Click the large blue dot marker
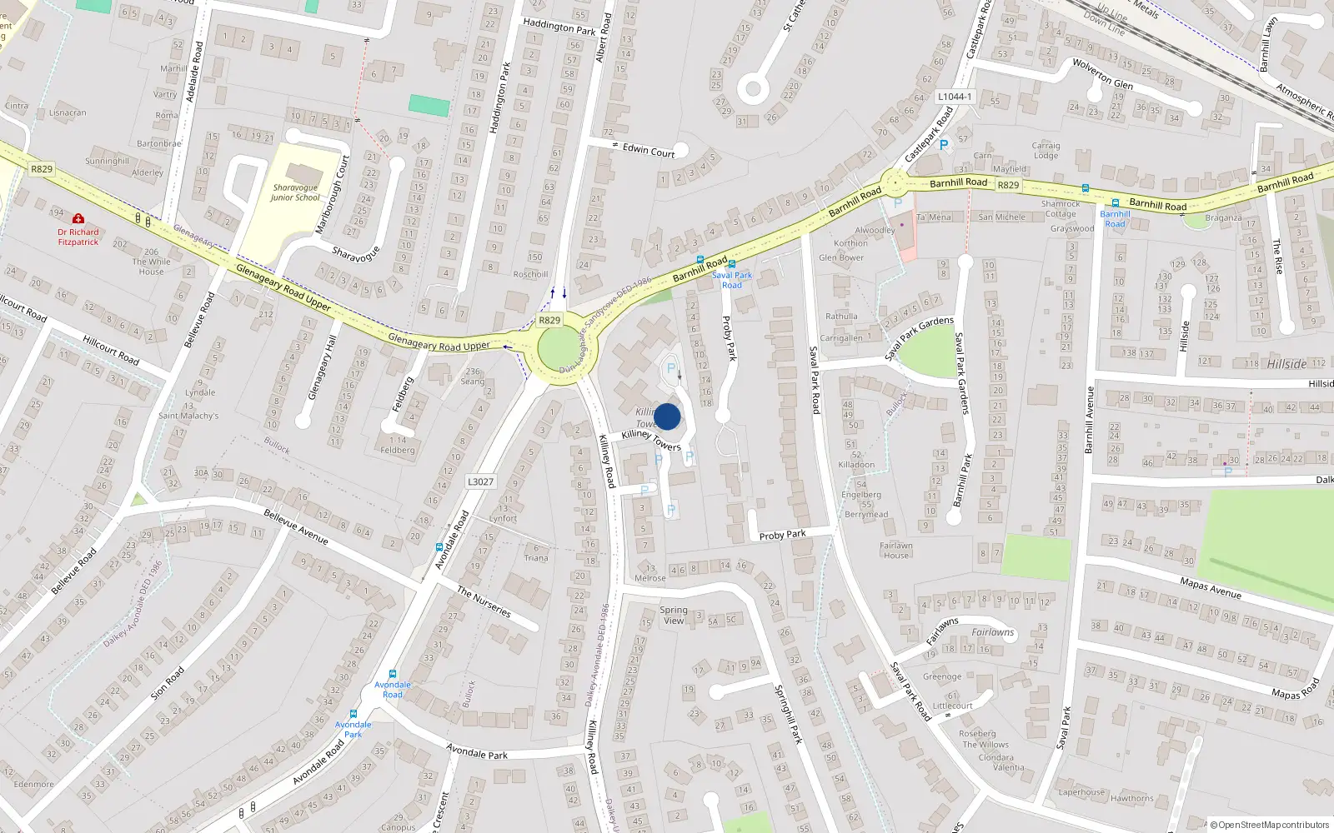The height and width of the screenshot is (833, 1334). [x=667, y=416]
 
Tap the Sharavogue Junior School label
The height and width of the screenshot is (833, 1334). [x=295, y=192]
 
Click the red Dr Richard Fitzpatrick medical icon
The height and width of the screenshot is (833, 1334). [x=78, y=218]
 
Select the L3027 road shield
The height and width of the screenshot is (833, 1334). [x=480, y=481]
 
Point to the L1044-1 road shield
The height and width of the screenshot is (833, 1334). [x=955, y=97]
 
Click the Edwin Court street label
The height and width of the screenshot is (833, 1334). [x=649, y=151]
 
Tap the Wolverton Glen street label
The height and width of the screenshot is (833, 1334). [x=1102, y=74]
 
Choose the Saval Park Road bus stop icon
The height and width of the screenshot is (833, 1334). [x=731, y=264]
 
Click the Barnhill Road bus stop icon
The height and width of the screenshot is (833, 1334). [x=1115, y=202]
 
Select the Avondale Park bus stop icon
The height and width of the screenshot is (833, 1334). [x=354, y=714]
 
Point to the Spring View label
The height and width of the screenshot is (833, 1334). [x=673, y=616]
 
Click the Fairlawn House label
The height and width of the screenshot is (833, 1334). [x=896, y=551]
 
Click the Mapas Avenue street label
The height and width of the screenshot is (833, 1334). [x=1211, y=588]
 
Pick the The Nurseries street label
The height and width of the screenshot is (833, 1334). [x=484, y=601]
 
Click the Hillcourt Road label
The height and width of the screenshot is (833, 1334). [x=111, y=350]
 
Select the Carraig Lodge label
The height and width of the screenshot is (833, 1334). [x=1046, y=151]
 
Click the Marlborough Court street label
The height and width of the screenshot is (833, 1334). [x=332, y=195]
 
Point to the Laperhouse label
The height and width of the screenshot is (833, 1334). [x=1081, y=792]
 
